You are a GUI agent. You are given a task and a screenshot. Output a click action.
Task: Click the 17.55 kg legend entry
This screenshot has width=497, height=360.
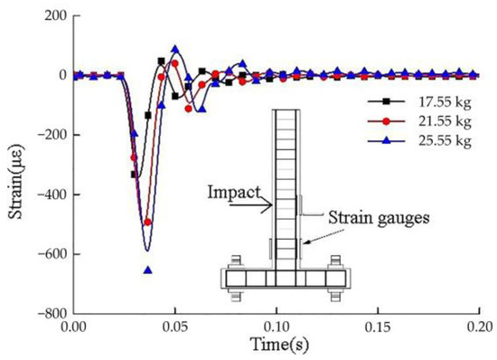pyautogui.click(x=419, y=102)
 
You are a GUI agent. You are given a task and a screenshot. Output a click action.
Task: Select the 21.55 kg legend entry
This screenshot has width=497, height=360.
pyautogui.click(x=419, y=121)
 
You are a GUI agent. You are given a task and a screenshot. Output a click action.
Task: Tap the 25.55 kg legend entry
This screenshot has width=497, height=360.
pyautogui.click(x=419, y=141)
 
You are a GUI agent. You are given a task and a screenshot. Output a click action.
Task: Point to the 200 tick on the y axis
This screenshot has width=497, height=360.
pyautogui.click(x=56, y=15)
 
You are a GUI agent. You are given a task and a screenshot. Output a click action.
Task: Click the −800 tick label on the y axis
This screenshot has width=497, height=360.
pyautogui.click(x=52, y=314)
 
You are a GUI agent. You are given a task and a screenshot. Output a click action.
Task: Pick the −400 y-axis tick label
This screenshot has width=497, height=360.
pyautogui.click(x=52, y=194)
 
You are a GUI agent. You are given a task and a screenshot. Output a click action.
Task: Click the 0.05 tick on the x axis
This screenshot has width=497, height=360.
pyautogui.click(x=174, y=327)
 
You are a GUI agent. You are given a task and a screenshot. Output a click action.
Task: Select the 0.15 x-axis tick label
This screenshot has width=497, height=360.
pyautogui.click(x=378, y=327)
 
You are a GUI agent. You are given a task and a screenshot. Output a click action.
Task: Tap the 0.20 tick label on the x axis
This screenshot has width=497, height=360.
pyautogui.click(x=479, y=327)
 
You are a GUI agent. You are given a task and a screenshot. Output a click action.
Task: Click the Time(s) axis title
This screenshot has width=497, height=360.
pyautogui.click(x=279, y=345)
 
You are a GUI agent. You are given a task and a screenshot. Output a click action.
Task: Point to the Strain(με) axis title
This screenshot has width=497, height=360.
pyautogui.click(x=15, y=182)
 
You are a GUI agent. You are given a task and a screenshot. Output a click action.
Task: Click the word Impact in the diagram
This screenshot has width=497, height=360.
pyautogui.click(x=234, y=193)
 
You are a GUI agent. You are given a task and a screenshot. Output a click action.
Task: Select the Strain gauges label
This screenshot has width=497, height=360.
pyautogui.click(x=379, y=219)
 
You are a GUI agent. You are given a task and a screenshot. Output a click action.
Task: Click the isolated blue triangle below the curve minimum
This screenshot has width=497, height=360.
pyautogui.click(x=148, y=270)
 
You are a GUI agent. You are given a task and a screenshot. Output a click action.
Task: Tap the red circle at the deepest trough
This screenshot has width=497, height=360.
pyautogui.click(x=147, y=223)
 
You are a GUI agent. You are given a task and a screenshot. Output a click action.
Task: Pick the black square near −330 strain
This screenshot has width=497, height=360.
pyautogui.click(x=134, y=175)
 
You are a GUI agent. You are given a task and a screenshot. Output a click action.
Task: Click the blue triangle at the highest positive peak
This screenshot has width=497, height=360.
pyautogui.click(x=175, y=49)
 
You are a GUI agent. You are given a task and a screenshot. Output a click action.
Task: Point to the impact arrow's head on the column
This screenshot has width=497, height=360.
pyautogui.click(x=271, y=205)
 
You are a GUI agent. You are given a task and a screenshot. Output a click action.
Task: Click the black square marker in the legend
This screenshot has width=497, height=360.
pyautogui.click(x=386, y=101)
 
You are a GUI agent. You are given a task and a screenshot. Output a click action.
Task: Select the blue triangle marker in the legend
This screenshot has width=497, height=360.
pyautogui.click(x=386, y=140)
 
